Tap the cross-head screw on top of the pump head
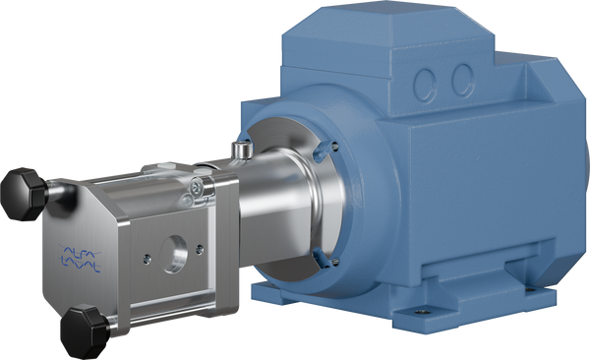[198, 184]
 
